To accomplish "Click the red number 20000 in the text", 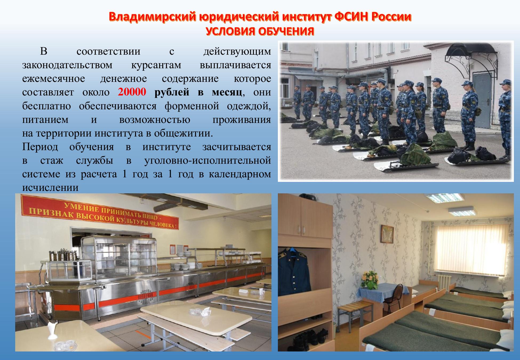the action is pyautogui.click(x=132, y=92).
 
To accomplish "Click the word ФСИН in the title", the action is pyautogui.click(x=351, y=17).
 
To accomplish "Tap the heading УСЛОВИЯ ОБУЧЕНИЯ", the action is pyautogui.click(x=260, y=31).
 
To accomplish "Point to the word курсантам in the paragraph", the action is pyautogui.click(x=156, y=65).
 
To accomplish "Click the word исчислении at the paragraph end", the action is pyautogui.click(x=50, y=187).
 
